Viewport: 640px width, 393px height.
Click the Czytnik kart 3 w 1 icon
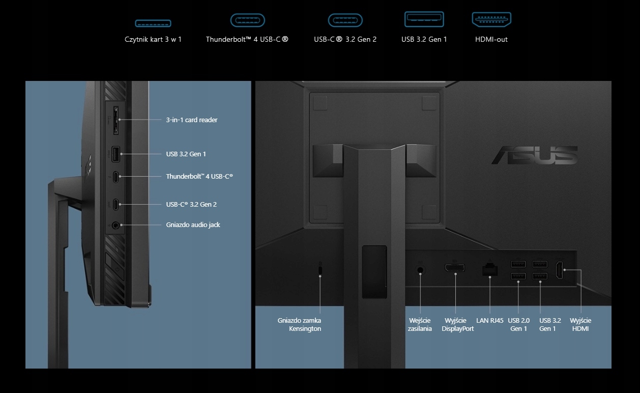pos(153,23)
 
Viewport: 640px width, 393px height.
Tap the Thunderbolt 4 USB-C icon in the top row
pos(247,20)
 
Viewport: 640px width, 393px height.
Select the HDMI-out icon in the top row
pos(491,20)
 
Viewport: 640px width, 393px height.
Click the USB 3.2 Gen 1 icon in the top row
pos(424,19)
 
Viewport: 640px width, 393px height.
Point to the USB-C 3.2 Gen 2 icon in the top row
pos(345,20)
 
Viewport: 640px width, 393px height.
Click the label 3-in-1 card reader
pos(191,120)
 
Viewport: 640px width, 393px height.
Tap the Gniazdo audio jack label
pos(193,224)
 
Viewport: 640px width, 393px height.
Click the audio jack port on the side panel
pos(117,224)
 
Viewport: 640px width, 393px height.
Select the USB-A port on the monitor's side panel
pos(116,153)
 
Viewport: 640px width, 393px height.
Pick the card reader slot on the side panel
pos(116,121)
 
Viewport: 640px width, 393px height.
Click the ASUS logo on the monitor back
pos(534,155)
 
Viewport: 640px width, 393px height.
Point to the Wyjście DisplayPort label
pos(457,324)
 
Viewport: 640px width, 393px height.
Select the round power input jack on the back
pos(420,270)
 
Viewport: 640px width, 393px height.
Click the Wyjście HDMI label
pos(580,324)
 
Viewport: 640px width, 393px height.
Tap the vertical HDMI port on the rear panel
pos(559,270)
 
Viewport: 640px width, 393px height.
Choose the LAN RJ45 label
pos(489,321)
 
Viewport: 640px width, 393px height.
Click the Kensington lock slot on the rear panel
pos(320,268)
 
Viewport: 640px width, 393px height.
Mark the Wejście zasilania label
pos(420,324)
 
